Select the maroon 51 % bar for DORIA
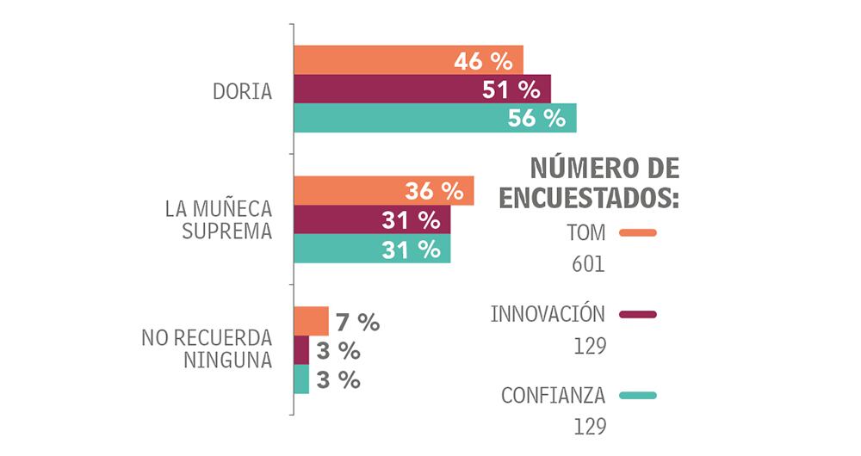(422, 89)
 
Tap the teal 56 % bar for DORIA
(435, 118)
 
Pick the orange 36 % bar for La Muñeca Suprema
(383, 191)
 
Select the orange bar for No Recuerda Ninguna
(311, 321)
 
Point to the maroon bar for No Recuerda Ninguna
(301, 350)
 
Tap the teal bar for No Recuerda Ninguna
(301, 379)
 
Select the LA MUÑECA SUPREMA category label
(219, 220)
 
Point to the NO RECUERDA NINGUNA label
(207, 348)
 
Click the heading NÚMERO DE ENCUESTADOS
(589, 182)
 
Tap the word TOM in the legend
(586, 233)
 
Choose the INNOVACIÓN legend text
(548, 314)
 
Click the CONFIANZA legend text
(553, 396)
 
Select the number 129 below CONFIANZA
(590, 427)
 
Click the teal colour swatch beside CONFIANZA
(638, 396)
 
